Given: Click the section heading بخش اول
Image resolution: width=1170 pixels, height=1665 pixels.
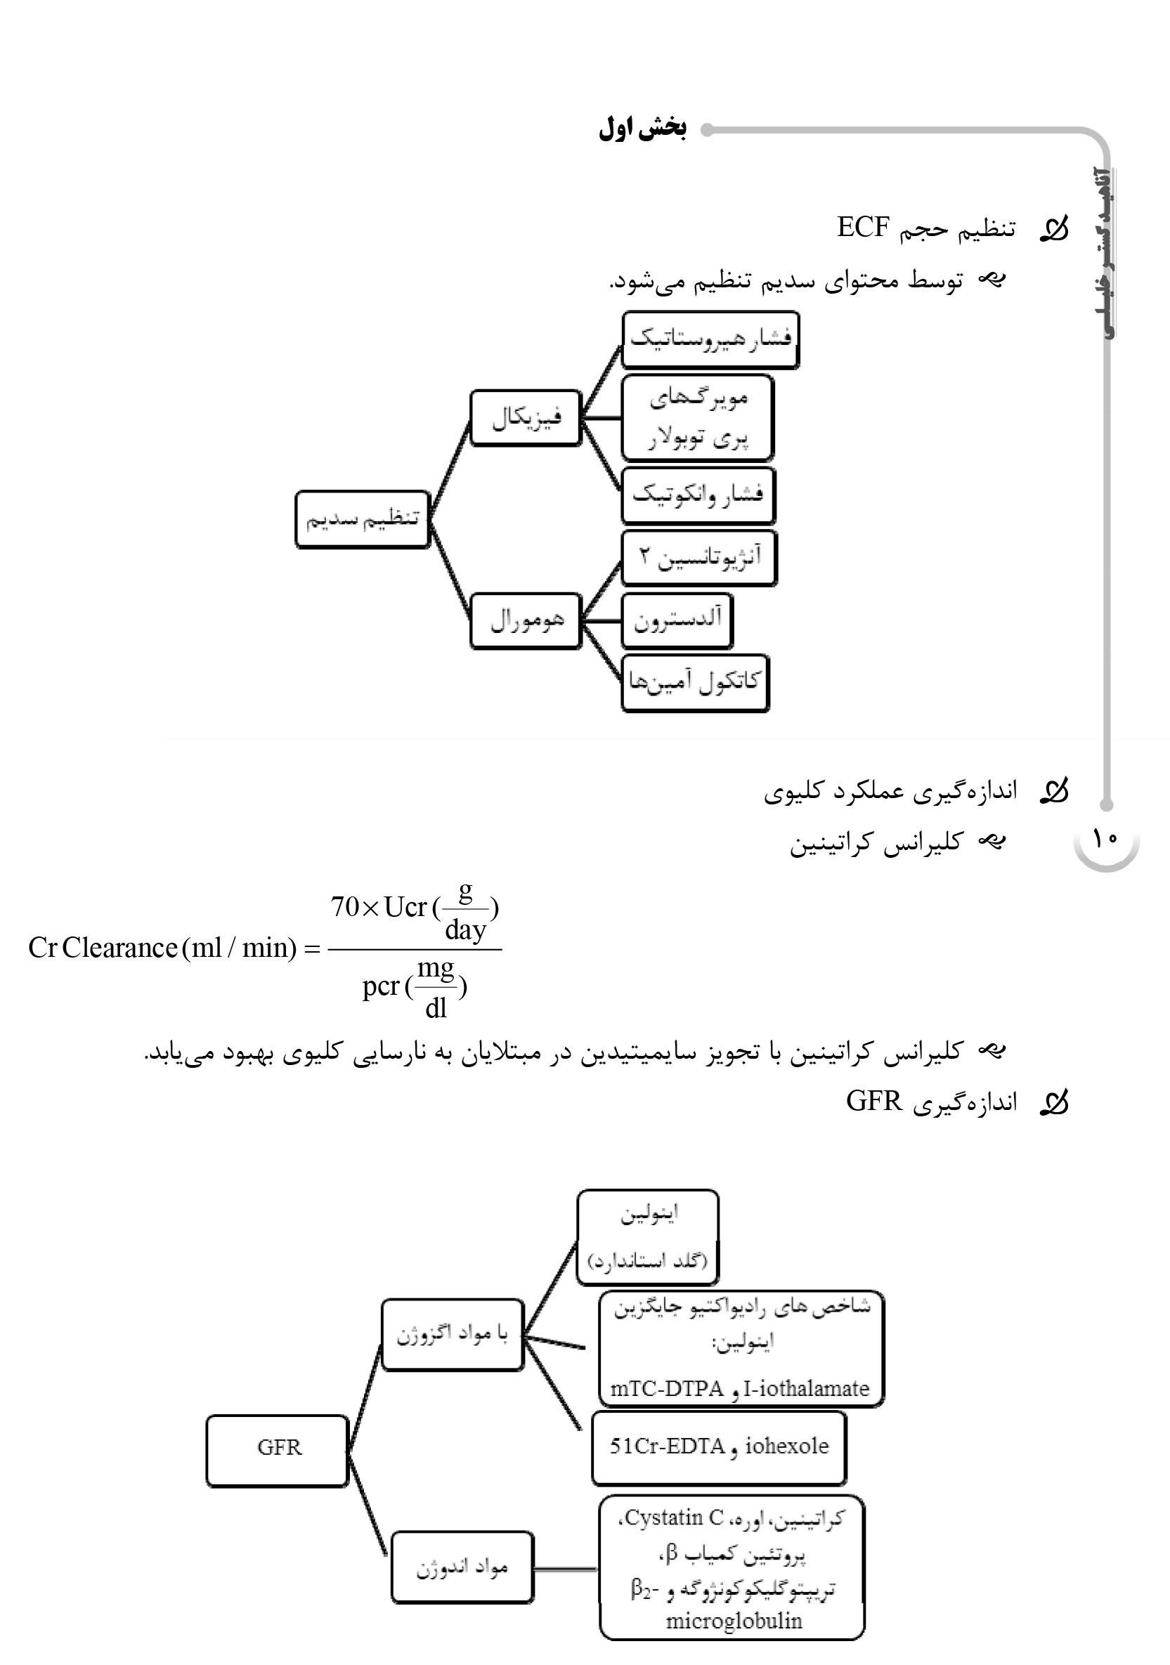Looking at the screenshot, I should tap(643, 129).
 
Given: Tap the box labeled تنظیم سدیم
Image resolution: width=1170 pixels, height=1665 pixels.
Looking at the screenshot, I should tap(362, 519).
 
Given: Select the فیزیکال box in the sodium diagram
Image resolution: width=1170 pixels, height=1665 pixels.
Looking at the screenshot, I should tap(526, 418).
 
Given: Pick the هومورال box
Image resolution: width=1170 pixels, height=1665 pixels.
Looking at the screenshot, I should tap(526, 620).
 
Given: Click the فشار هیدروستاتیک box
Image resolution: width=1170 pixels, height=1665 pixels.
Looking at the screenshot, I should tap(710, 339).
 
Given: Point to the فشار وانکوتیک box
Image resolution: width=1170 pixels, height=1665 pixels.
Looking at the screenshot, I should tap(698, 495).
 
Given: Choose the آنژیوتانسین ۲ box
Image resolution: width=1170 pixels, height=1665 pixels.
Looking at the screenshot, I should tap(699, 557).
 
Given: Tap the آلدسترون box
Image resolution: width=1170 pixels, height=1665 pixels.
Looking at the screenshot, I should tap(677, 620).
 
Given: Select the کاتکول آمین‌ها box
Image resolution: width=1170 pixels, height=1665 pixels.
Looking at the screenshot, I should tap(695, 682).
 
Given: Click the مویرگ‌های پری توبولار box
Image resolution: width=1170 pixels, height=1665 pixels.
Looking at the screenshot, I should tap(698, 418).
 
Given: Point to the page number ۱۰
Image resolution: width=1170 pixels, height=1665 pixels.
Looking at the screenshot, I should tap(1105, 839).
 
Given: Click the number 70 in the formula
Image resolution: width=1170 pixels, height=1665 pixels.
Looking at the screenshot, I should tap(344, 906).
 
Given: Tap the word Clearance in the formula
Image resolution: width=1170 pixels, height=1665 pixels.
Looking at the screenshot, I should tap(119, 948).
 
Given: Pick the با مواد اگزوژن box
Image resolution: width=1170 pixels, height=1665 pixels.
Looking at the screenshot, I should tap(452, 1334).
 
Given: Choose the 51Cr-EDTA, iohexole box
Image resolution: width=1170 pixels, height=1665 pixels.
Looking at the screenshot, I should tap(719, 1446).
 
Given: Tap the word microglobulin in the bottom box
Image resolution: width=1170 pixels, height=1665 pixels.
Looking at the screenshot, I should tap(734, 1620).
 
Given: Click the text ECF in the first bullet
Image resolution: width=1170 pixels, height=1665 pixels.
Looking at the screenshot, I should tap(862, 227).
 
